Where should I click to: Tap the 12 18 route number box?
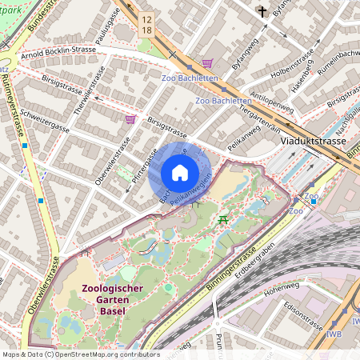(x=146, y=24)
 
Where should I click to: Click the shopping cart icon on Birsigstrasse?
(x=130, y=119)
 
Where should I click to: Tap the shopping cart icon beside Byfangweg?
(x=206, y=63)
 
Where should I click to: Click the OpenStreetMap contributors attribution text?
(x=80, y=354)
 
